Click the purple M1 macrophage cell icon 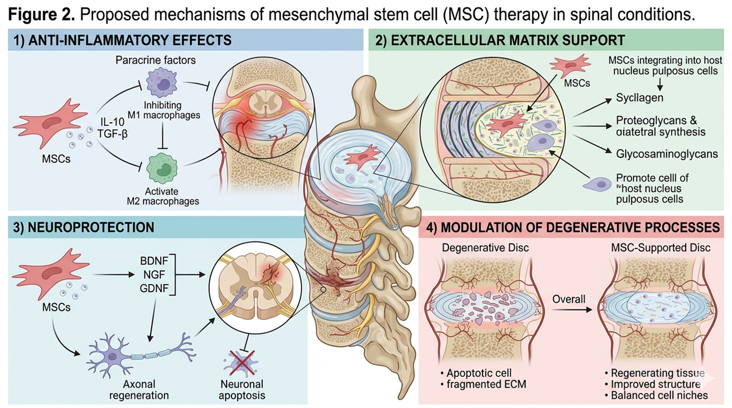point(161,83)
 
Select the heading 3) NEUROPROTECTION point(84,227)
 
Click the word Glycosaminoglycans point(667,154)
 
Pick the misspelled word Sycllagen point(639,98)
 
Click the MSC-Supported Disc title point(658,247)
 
